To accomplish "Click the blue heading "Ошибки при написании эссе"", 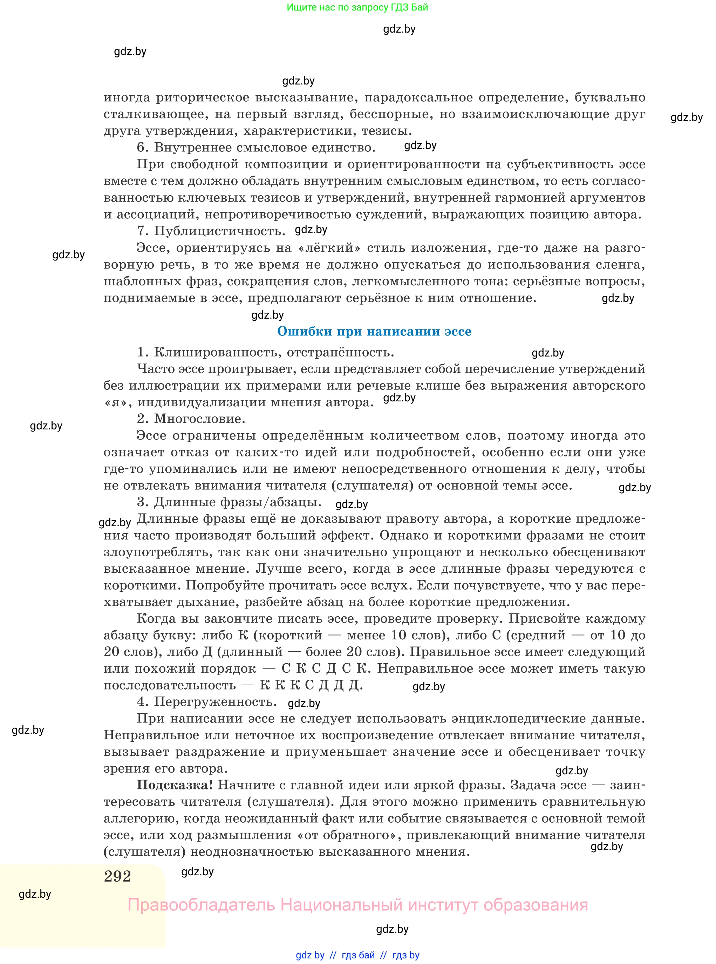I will point(374,332).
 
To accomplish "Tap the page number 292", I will point(117,876).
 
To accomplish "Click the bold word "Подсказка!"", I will point(175,785).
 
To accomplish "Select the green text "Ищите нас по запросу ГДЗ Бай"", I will point(357,7).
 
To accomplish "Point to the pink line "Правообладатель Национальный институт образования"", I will point(357,905).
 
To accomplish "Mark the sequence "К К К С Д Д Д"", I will point(310,685).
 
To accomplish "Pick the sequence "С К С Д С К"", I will point(326,668).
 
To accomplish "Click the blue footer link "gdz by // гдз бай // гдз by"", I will point(357,955).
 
